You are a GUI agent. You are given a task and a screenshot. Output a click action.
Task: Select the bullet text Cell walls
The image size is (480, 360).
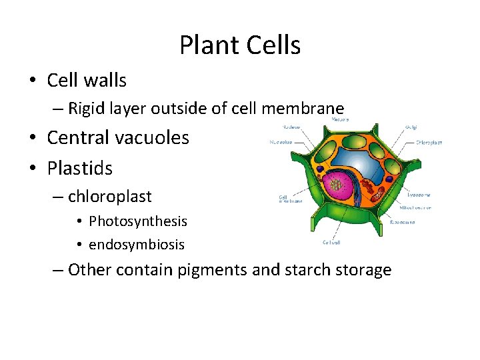(87, 81)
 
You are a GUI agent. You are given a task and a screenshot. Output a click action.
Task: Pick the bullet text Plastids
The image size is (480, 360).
(79, 168)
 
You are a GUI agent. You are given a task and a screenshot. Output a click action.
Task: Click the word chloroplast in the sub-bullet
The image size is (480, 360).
(110, 197)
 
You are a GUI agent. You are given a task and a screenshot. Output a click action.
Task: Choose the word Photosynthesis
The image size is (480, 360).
(138, 221)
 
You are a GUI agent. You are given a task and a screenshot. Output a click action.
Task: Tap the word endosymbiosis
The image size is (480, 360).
(137, 245)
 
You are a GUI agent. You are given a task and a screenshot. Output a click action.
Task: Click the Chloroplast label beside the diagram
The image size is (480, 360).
(429, 142)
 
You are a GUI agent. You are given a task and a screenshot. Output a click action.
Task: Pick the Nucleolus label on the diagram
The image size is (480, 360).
(281, 142)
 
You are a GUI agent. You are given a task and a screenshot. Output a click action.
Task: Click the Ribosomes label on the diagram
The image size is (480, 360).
(403, 222)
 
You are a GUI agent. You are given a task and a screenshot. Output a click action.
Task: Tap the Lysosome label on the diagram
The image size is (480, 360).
(418, 195)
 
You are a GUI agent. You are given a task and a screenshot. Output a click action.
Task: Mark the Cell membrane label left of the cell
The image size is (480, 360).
(291, 198)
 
